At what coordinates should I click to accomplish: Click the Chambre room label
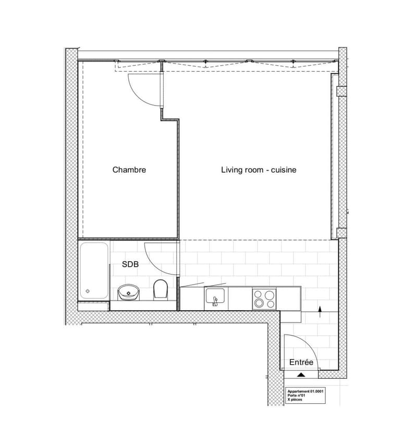[x=129, y=170]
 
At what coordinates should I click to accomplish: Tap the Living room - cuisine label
[x=259, y=170]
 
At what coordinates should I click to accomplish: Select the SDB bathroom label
[x=130, y=264]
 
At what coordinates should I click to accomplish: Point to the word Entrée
[x=301, y=362]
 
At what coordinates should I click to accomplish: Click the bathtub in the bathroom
[x=94, y=271]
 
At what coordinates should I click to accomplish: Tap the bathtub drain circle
[x=88, y=291]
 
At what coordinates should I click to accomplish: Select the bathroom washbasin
[x=128, y=292]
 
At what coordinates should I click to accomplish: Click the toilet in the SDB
[x=161, y=289]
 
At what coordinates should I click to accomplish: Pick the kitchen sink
[x=215, y=296]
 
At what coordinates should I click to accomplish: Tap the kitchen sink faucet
[x=215, y=301]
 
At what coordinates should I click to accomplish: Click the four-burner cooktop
[x=264, y=299]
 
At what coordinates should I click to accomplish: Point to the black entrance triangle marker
[x=301, y=375]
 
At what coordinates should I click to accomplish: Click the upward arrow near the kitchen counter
[x=320, y=312]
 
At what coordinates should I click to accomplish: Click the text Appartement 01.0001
[x=305, y=391]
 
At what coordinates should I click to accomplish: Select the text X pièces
[x=295, y=400]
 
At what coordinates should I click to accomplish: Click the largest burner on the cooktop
[x=269, y=295]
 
